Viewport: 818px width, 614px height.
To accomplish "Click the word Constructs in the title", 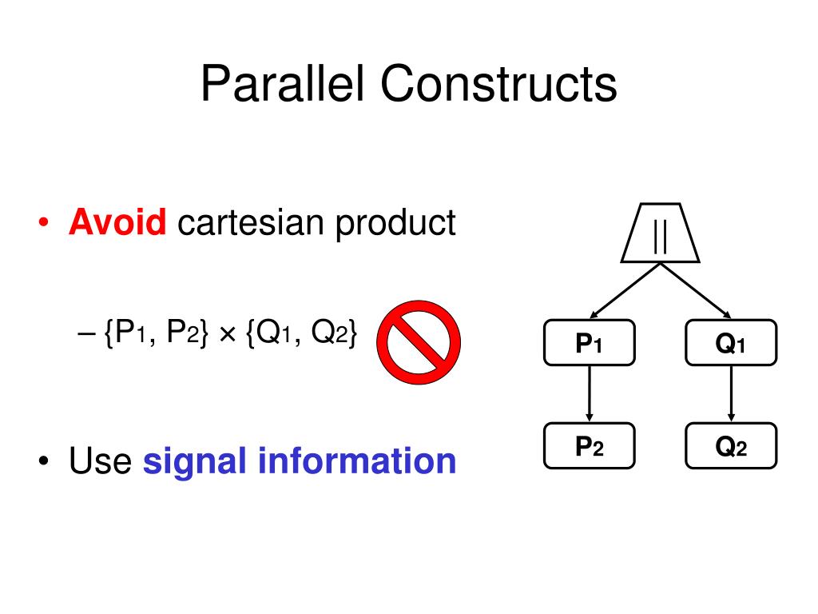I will tap(498, 85).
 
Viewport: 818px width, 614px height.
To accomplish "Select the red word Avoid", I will tap(117, 222).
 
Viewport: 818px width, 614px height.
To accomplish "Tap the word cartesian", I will tap(252, 222).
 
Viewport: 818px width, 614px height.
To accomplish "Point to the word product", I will tap(395, 224).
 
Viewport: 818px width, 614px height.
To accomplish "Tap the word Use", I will tap(100, 461).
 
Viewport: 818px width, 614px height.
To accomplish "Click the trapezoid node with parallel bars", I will tap(660, 233).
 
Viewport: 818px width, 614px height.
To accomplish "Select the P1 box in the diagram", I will tap(589, 342).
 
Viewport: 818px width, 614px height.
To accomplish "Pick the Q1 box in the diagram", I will tap(731, 342).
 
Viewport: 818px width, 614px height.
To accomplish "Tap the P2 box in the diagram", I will tap(589, 445).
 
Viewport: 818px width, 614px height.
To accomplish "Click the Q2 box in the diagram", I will tap(731, 445).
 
